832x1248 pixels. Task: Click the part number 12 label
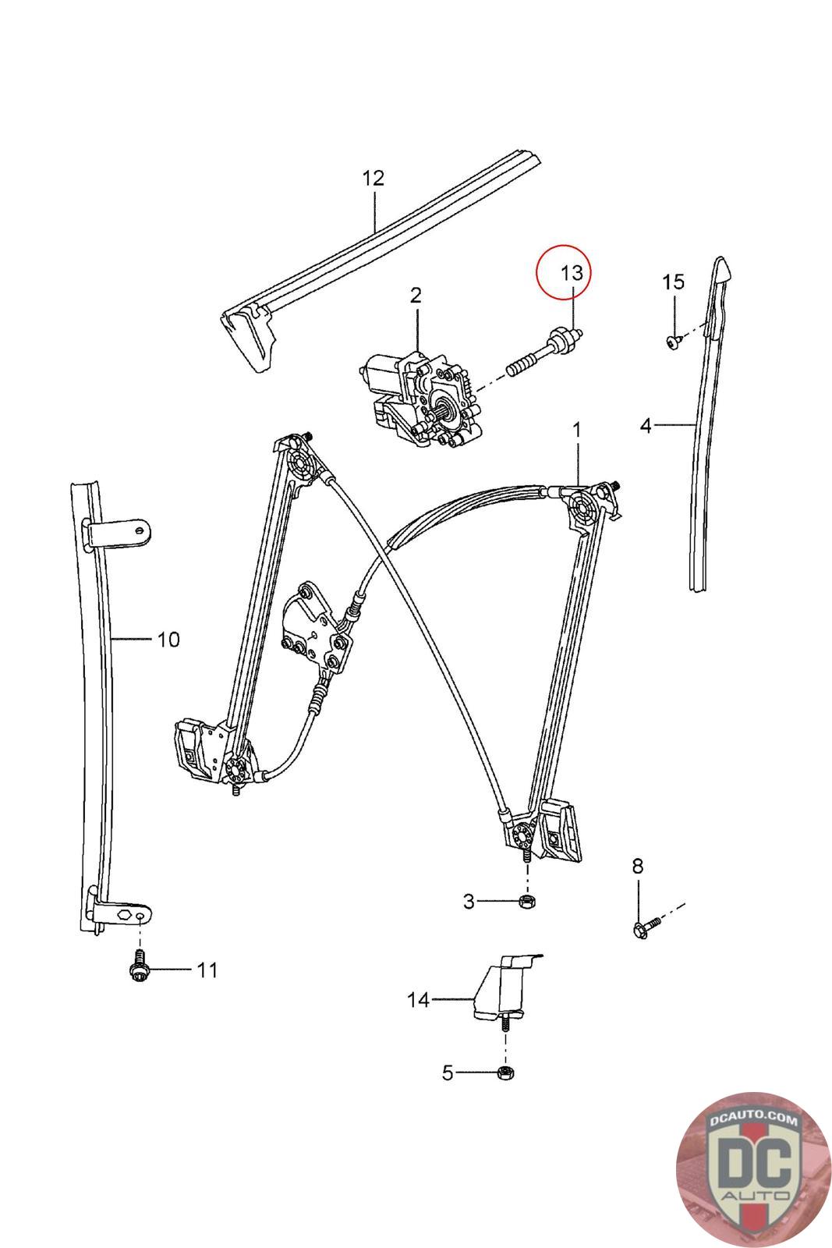click(x=374, y=178)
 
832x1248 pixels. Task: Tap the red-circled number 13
click(x=572, y=273)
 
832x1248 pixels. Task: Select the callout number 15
click(x=674, y=282)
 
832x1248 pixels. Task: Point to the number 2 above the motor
click(x=416, y=295)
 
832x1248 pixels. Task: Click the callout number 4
click(x=646, y=425)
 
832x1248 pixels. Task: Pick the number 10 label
click(x=168, y=640)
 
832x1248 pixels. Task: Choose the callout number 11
click(x=207, y=970)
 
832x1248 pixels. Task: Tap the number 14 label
click(x=419, y=999)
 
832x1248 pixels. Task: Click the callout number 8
click(x=638, y=865)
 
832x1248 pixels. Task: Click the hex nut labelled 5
click(x=505, y=1072)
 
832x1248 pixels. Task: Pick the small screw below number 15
click(x=674, y=341)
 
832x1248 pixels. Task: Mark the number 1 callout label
click(x=577, y=429)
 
